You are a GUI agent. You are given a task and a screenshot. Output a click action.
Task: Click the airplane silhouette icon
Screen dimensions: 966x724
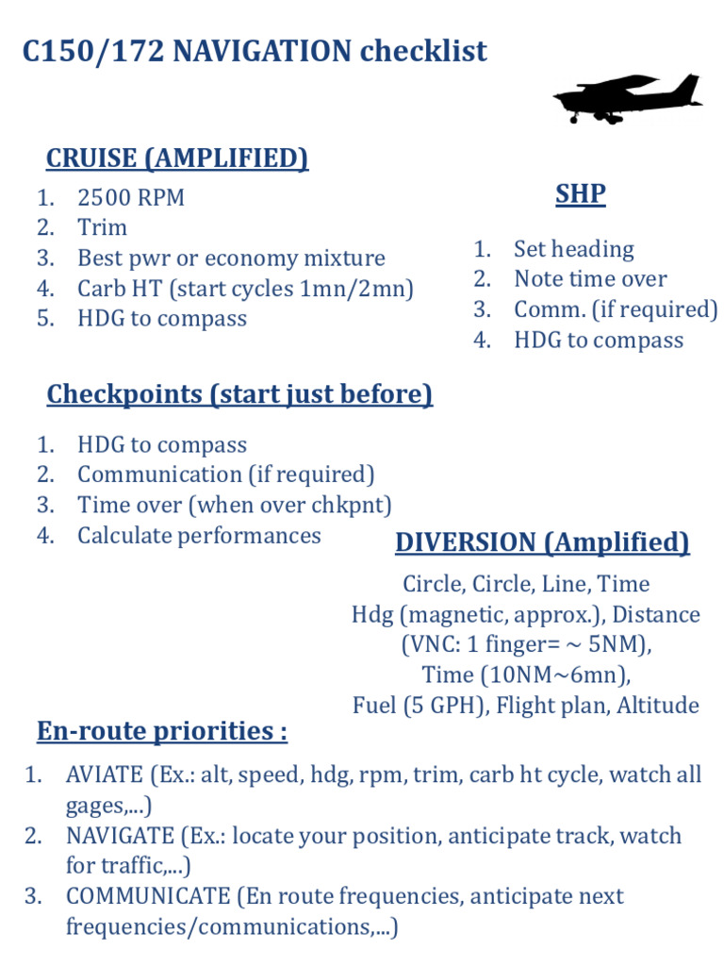pyautogui.click(x=627, y=97)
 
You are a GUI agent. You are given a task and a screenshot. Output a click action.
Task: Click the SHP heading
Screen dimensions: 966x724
pyautogui.click(x=580, y=194)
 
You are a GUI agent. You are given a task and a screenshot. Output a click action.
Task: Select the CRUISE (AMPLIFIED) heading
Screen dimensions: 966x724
pyautogui.click(x=177, y=158)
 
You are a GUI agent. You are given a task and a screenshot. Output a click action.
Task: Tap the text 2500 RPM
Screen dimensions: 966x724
pyautogui.click(x=131, y=198)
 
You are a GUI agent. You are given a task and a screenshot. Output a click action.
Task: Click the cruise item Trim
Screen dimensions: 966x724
pyautogui.click(x=102, y=228)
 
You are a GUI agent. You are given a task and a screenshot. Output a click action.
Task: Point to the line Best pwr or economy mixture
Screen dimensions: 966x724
pyautogui.click(x=231, y=258)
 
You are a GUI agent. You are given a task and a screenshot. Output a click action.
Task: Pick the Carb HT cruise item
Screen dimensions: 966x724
pyautogui.click(x=245, y=289)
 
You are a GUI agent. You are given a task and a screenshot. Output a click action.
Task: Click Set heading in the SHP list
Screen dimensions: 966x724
pyautogui.click(x=573, y=249)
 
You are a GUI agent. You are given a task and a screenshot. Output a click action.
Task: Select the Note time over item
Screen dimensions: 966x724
pyautogui.click(x=590, y=279)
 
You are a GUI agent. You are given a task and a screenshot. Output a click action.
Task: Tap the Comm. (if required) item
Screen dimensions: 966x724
pyautogui.click(x=616, y=309)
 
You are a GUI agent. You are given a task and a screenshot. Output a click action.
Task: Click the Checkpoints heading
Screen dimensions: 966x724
pyautogui.click(x=239, y=393)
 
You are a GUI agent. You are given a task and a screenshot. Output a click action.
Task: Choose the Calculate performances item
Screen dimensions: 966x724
pyautogui.click(x=199, y=536)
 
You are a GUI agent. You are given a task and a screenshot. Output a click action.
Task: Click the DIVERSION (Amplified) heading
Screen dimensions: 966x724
pyautogui.click(x=542, y=542)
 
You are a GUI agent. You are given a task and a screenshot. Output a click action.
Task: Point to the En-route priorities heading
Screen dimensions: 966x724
pyautogui.click(x=162, y=731)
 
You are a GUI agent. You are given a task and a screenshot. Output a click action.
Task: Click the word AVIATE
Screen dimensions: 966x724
pyautogui.click(x=104, y=775)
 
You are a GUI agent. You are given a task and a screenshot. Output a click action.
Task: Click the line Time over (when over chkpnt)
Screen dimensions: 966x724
pyautogui.click(x=234, y=506)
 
